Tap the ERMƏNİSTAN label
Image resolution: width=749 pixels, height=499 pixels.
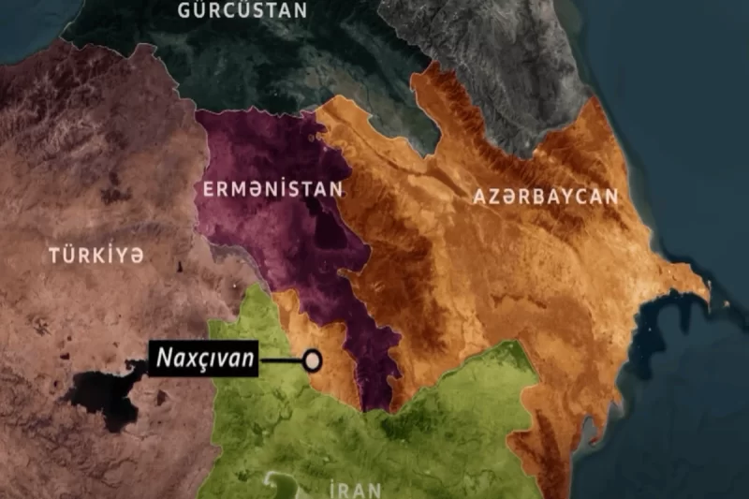pyautogui.click(x=272, y=189)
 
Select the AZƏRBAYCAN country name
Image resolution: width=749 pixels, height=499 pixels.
pyautogui.click(x=546, y=197)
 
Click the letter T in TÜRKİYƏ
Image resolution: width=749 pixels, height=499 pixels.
pyautogui.click(x=55, y=254)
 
